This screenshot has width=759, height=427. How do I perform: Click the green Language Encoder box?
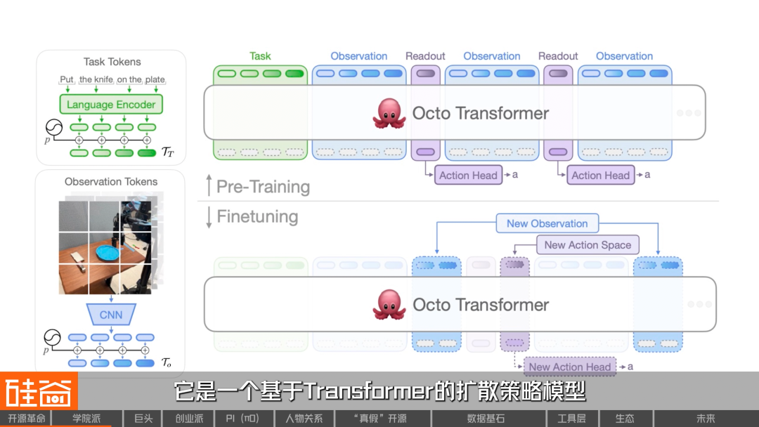111,105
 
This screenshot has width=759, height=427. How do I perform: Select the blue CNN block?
110,315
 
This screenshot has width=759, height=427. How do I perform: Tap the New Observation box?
547,223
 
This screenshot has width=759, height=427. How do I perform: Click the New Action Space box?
588,244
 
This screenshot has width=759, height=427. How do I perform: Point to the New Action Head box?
569,367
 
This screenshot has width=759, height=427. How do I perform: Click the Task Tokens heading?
112,62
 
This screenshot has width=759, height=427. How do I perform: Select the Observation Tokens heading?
111,181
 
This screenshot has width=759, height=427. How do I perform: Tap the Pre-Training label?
263,187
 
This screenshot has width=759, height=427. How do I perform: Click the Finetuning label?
257,216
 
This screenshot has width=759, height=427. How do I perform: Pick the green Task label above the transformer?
260,56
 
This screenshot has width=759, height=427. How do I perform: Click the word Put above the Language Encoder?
67,80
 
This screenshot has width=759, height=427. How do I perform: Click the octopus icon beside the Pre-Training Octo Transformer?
389,113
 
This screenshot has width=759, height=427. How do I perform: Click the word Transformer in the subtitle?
368,390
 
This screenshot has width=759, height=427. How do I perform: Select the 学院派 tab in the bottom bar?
87,419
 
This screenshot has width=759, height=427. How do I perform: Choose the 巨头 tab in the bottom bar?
143,419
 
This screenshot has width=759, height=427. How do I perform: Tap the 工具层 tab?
571,419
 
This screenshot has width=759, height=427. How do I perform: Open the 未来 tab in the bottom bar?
706,419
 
